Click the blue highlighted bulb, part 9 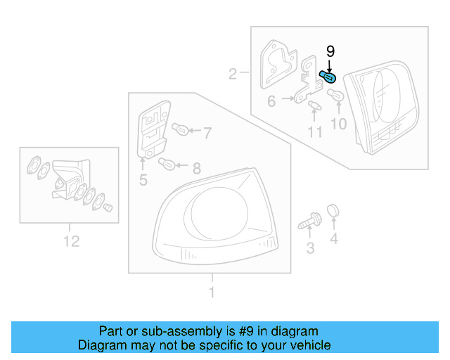(x=328, y=76)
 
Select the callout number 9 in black (x=330, y=52)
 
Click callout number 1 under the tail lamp (x=211, y=292)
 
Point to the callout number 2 (x=233, y=72)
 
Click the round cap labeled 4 (x=334, y=210)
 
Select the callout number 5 (x=143, y=181)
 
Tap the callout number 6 (x=271, y=101)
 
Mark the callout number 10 (x=339, y=124)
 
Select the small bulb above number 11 (x=314, y=106)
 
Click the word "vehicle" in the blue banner (x=304, y=345)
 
